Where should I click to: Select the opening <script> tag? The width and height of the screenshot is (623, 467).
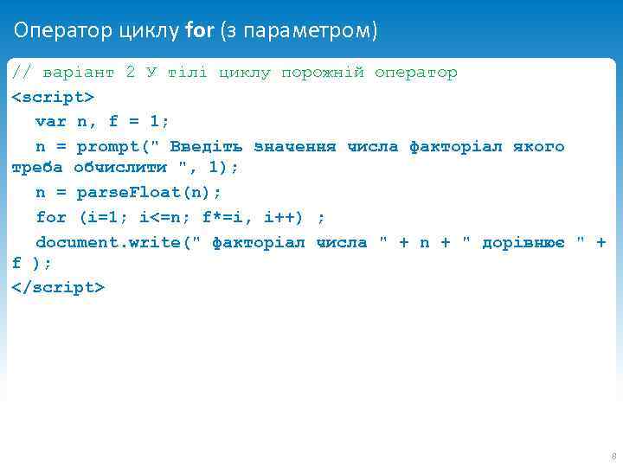click(53, 97)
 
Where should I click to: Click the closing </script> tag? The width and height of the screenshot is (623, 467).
click(58, 286)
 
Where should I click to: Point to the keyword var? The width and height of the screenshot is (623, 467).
click(50, 121)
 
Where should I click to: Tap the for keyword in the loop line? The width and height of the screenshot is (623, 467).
click(50, 216)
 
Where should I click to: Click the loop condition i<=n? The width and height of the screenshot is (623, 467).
click(164, 216)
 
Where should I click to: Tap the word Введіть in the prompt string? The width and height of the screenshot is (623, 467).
click(206, 146)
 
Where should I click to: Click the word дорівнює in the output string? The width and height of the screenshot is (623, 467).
click(523, 242)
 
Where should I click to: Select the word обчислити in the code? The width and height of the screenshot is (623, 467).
click(120, 167)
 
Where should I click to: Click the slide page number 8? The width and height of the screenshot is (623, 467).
click(613, 456)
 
